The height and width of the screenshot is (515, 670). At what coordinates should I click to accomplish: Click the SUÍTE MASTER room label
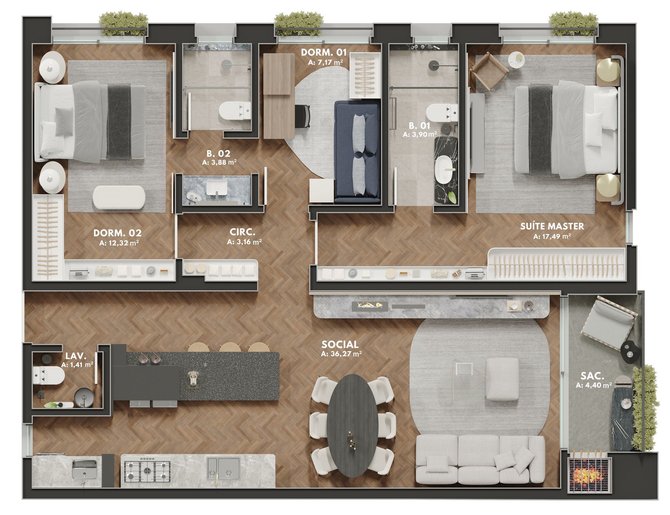click(x=552, y=226)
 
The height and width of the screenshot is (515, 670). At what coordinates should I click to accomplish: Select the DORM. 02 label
click(x=117, y=233)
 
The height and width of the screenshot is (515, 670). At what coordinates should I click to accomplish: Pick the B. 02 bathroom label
click(x=219, y=153)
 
